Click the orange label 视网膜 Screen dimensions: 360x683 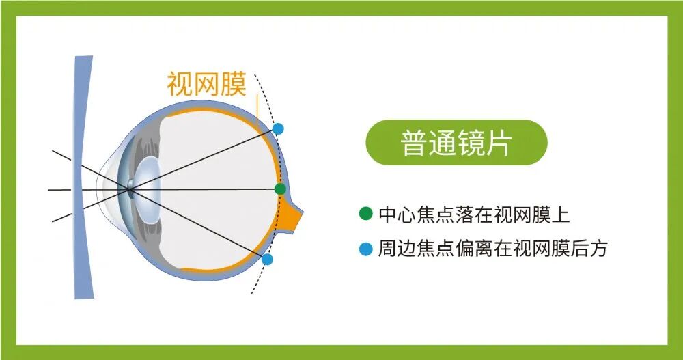pyautogui.click(x=206, y=85)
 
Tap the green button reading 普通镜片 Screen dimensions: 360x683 pyautogui.click(x=457, y=143)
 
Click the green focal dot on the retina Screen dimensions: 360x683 pyautogui.click(x=280, y=189)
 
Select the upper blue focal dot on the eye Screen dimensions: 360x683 pyautogui.click(x=278, y=128)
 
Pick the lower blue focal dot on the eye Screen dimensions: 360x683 pyautogui.click(x=267, y=260)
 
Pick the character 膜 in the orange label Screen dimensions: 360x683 pyautogui.click(x=234, y=85)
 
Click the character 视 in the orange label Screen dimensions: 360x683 pyautogui.click(x=179, y=85)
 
